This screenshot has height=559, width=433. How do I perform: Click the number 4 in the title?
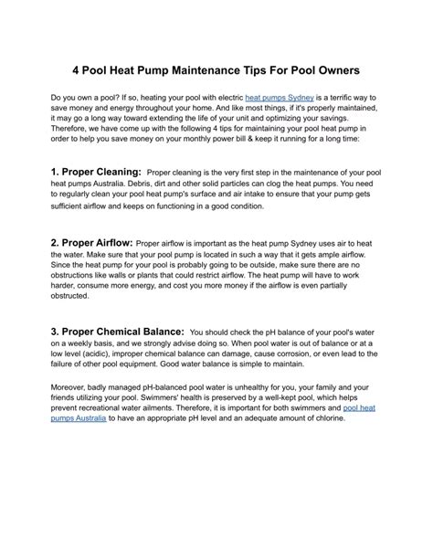[x=78, y=70]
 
